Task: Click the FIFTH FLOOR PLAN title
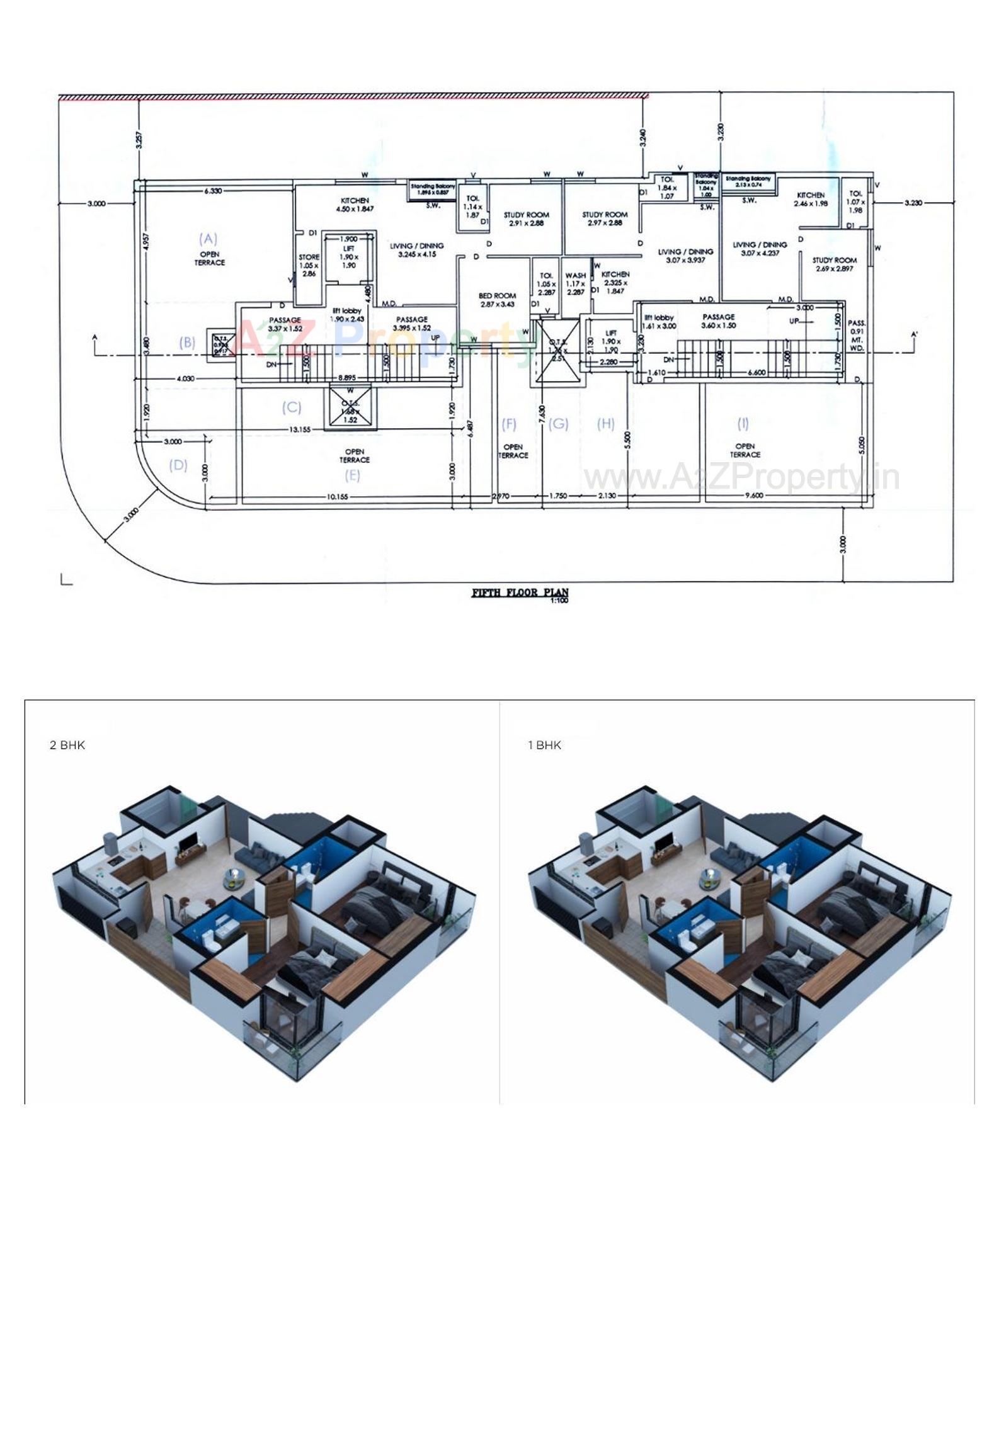click(520, 593)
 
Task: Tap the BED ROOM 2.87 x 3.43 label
click(497, 300)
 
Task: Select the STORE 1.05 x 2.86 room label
click(309, 265)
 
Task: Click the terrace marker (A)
click(208, 239)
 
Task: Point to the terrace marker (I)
click(743, 423)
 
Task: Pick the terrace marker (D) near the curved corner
click(178, 465)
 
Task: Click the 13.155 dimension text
click(300, 429)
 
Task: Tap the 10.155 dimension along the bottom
click(337, 497)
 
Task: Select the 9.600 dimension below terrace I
click(753, 496)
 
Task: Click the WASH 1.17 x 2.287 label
click(575, 283)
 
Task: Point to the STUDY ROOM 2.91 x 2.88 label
click(526, 218)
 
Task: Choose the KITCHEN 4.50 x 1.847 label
click(355, 204)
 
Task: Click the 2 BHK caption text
click(67, 746)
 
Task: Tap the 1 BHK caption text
click(544, 746)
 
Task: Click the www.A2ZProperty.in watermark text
click(741, 477)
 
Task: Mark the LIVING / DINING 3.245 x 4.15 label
click(416, 250)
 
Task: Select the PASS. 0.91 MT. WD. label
click(857, 336)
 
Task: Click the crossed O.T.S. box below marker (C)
click(350, 407)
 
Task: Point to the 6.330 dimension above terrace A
click(212, 190)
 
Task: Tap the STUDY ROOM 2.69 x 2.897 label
click(834, 264)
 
